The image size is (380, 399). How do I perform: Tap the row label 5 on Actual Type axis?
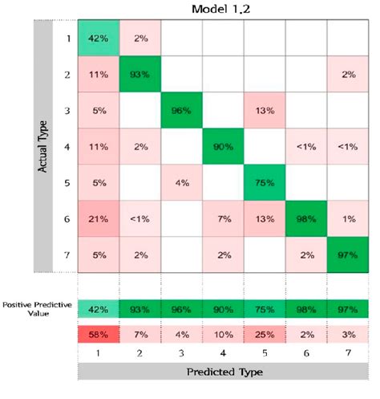point(67,184)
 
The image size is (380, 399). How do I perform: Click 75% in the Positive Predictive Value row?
point(264,307)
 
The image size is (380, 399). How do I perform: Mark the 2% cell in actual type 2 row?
point(347,75)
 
